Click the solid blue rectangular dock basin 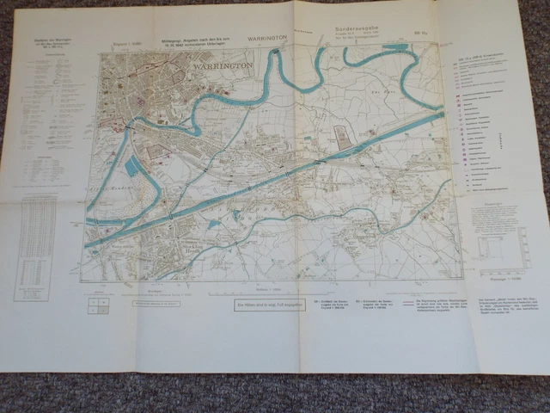coord(134,166)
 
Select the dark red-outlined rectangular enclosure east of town coord(340,137)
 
